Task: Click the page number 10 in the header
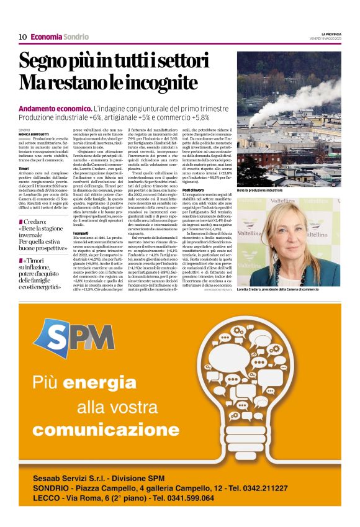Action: click(x=22, y=37)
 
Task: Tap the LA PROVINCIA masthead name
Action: click(x=330, y=34)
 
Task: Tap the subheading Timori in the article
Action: click(x=24, y=168)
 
